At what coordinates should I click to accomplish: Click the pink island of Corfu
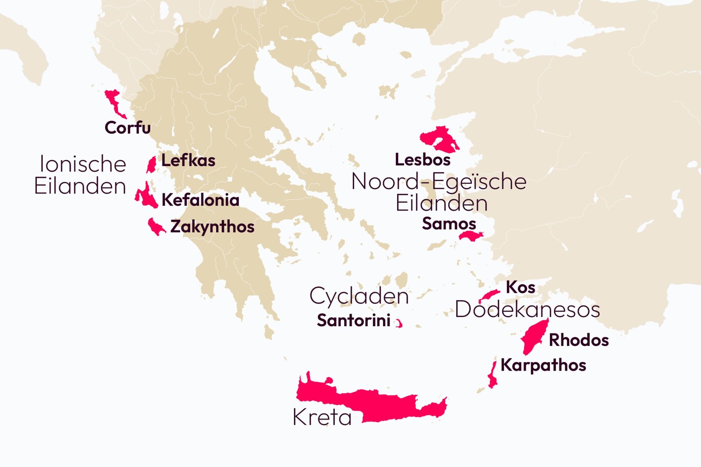click(x=114, y=103)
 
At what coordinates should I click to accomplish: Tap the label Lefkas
click(x=188, y=161)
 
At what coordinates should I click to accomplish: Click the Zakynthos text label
click(x=212, y=227)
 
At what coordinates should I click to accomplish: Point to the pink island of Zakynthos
click(x=155, y=227)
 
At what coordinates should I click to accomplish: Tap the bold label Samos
click(x=449, y=224)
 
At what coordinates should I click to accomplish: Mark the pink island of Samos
click(x=470, y=236)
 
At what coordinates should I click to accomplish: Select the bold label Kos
click(x=520, y=287)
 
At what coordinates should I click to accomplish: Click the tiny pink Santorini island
click(x=400, y=324)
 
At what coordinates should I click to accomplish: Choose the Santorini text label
click(x=353, y=321)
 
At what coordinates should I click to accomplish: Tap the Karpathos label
click(x=543, y=365)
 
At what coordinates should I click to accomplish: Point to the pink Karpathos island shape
click(x=493, y=378)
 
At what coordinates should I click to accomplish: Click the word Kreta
click(x=322, y=417)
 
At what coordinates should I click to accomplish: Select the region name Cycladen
click(x=359, y=296)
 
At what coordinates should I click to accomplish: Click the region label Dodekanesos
click(x=527, y=310)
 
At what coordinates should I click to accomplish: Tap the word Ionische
click(x=83, y=164)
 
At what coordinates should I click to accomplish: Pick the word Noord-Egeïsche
click(x=438, y=181)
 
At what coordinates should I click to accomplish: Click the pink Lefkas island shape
click(x=151, y=165)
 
